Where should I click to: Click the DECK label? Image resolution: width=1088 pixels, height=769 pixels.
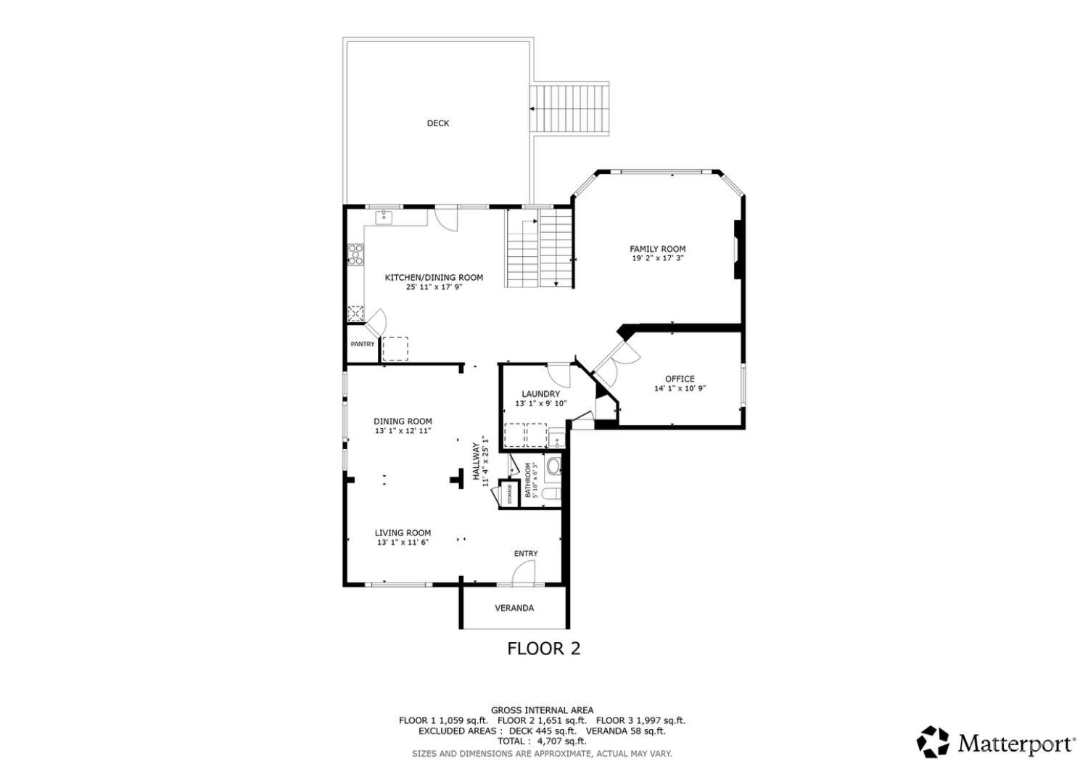437,123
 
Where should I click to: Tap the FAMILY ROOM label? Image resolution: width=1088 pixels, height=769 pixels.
657,249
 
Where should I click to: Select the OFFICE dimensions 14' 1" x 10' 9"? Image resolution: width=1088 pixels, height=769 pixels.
680,388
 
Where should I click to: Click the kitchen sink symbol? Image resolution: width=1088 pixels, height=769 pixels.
384,217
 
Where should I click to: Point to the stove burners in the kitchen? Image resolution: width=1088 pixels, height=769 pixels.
356,254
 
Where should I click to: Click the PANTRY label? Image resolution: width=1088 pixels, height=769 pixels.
362,344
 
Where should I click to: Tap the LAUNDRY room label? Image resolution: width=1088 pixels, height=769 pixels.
540,394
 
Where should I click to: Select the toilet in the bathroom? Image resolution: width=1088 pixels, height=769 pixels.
551,494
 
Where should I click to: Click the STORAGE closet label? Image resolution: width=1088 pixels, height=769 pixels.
510,494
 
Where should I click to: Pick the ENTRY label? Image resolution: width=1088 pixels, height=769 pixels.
526,554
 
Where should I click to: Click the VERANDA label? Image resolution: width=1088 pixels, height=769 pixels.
514,608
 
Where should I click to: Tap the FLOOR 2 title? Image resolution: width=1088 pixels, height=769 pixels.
543,649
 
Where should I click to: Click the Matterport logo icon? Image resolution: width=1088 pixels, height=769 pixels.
933,742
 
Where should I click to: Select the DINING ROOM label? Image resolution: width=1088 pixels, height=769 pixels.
403,421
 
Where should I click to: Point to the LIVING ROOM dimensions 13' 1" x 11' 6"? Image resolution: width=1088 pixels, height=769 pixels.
403,542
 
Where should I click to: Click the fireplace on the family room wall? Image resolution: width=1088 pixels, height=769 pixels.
737,250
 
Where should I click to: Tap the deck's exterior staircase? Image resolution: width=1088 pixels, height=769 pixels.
570,109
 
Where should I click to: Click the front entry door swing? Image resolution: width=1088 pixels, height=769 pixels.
522,574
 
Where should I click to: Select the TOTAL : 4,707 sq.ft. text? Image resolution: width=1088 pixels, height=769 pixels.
542,741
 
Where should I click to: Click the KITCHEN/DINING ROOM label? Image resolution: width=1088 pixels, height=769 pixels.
433,277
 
